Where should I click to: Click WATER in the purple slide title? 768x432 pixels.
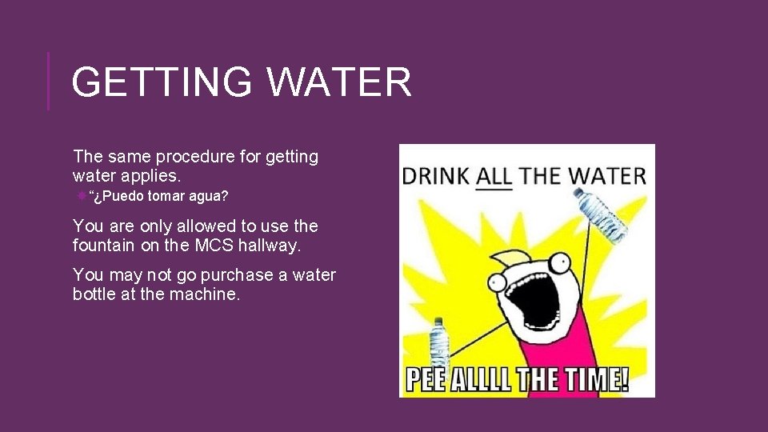(x=339, y=82)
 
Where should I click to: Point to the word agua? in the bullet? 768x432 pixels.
(x=209, y=197)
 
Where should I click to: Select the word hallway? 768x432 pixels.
(x=272, y=246)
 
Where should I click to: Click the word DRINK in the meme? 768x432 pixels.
(x=436, y=176)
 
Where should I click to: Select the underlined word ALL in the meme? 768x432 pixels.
(x=494, y=176)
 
